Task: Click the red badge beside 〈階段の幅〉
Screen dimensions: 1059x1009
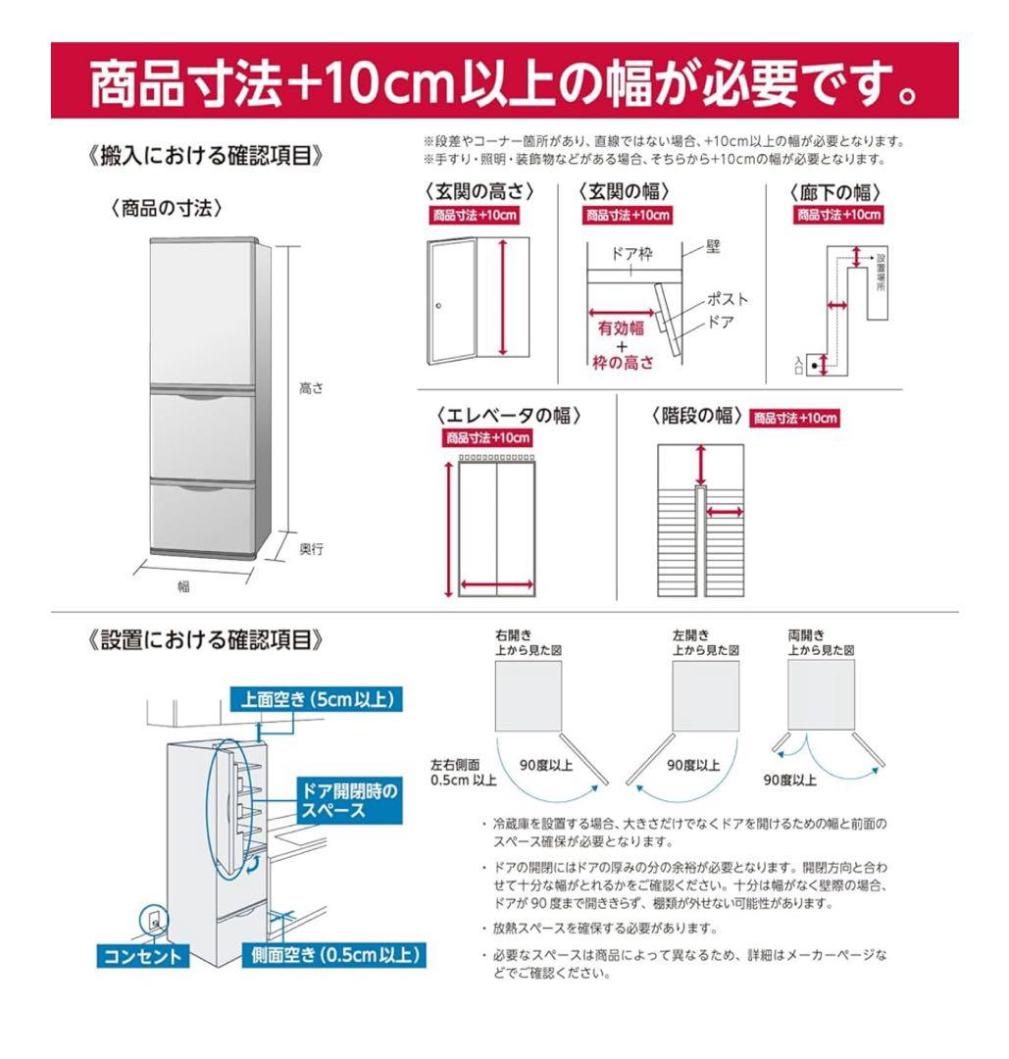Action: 795,419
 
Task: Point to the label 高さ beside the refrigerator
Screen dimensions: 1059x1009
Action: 311,389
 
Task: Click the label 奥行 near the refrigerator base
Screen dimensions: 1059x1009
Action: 311,549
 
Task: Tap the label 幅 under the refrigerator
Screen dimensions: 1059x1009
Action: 183,586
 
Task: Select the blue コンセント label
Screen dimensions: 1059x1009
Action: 141,956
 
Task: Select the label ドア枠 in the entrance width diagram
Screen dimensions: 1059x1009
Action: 631,254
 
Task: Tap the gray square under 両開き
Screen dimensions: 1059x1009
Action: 822,695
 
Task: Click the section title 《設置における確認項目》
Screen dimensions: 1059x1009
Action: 205,639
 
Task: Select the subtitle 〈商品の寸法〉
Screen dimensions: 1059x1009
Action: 166,208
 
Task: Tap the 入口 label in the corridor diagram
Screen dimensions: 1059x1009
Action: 799,365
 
